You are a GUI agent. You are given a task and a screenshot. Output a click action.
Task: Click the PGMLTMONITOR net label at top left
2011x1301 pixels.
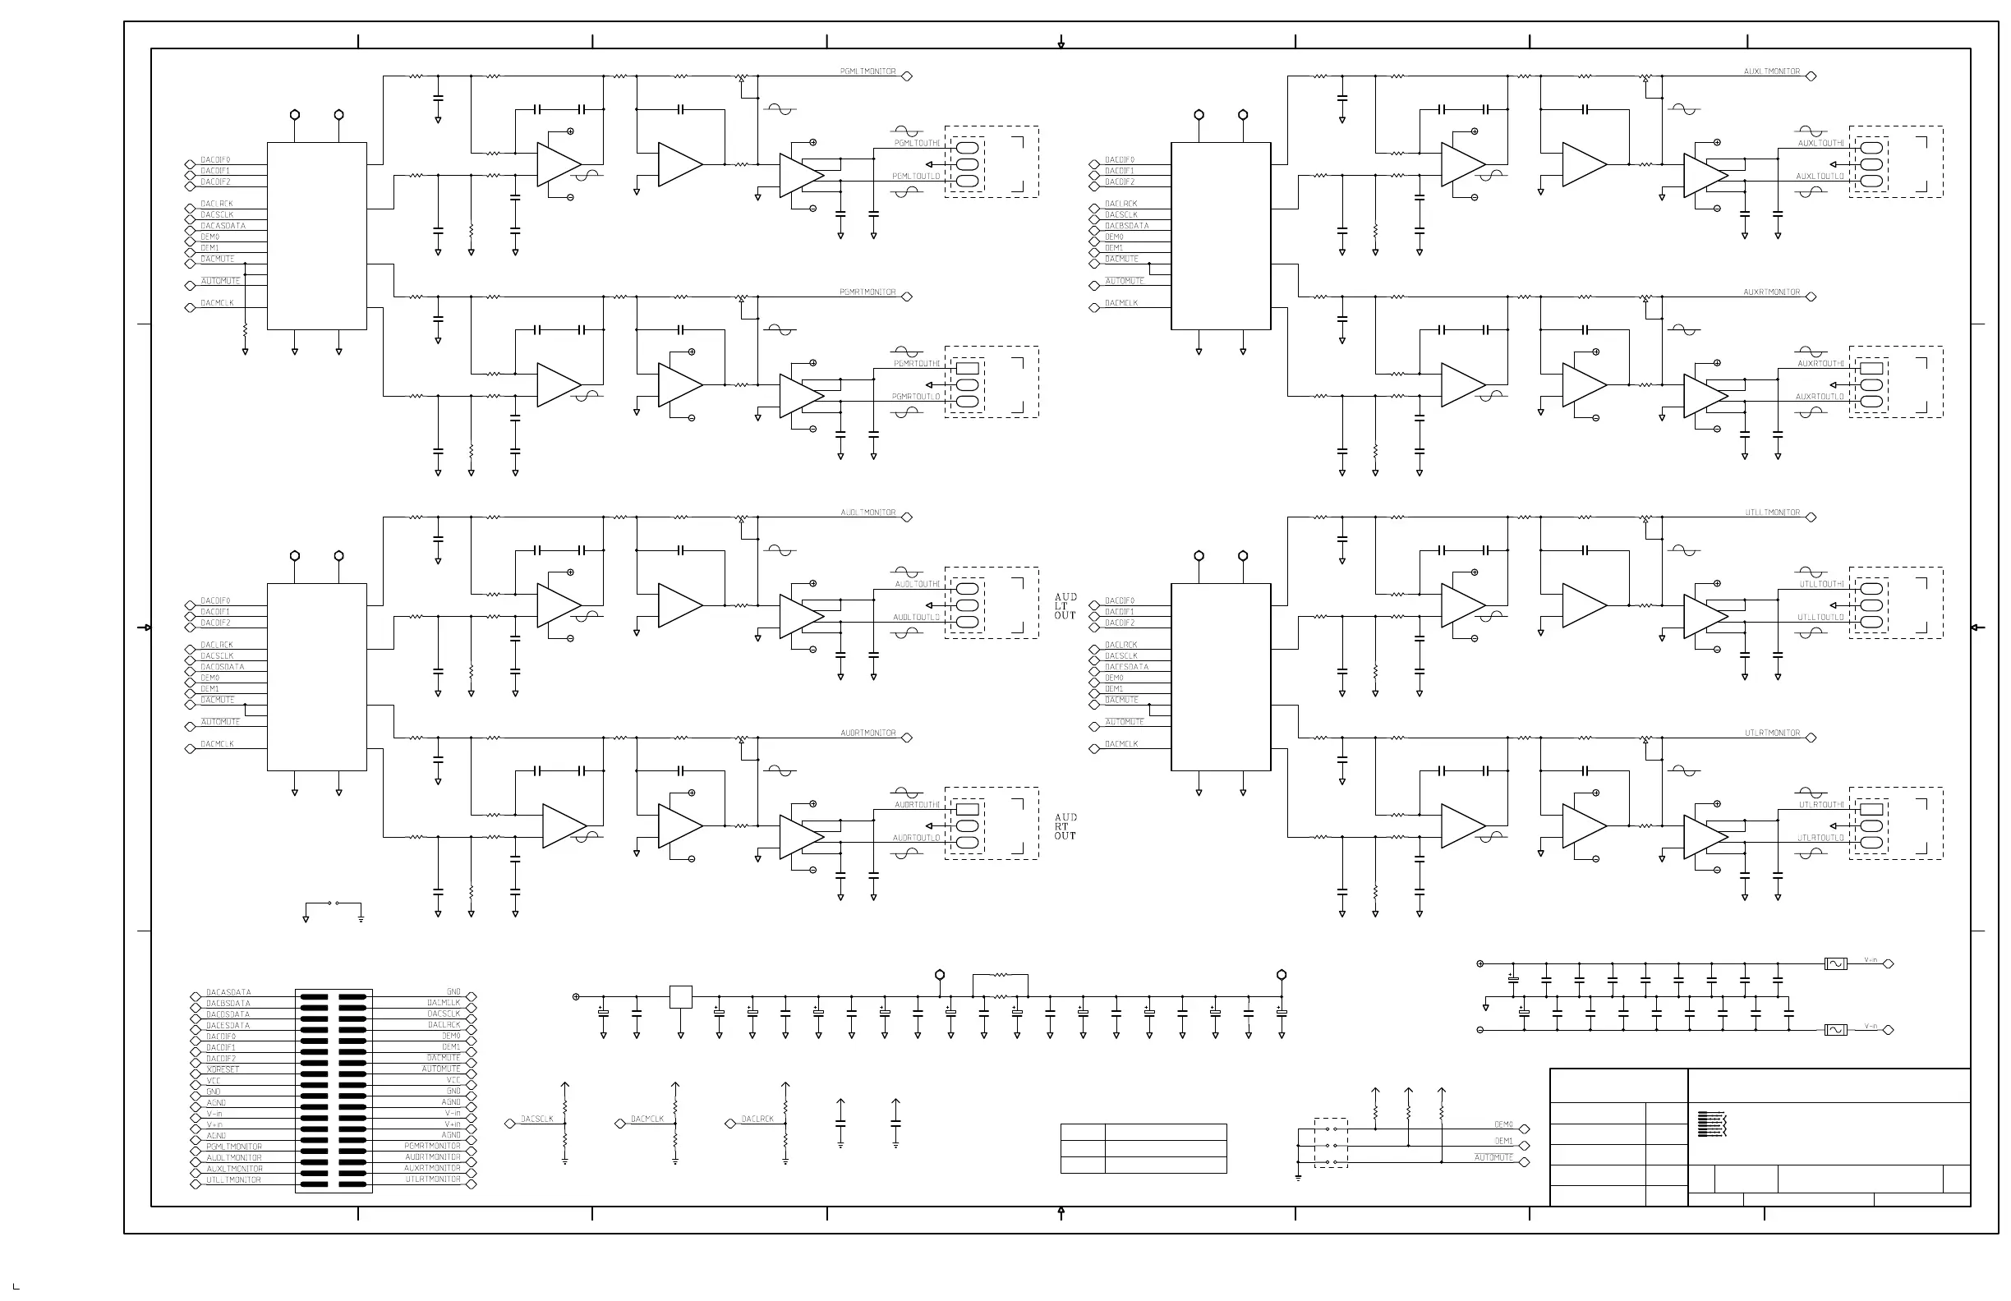coord(867,71)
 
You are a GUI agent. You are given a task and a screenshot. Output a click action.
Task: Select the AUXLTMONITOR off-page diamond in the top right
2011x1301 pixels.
coord(1811,76)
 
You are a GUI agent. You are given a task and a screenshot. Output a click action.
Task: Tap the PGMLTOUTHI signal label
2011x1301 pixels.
coord(916,144)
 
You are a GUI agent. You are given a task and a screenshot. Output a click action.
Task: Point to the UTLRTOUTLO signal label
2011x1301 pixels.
coord(1820,838)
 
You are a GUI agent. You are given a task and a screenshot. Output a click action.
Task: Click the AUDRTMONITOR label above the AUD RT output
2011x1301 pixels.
coord(867,733)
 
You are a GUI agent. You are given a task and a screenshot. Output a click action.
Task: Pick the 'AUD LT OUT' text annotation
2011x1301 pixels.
coord(1065,607)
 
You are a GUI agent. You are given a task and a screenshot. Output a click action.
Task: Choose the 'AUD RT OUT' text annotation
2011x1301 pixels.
coord(1065,827)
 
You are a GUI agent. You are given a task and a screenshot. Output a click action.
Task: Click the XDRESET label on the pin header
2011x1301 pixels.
coord(223,1069)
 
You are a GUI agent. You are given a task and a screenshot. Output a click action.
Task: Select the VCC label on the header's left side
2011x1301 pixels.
coord(214,1081)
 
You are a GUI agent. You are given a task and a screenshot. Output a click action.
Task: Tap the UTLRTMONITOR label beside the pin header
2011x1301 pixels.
coord(433,1179)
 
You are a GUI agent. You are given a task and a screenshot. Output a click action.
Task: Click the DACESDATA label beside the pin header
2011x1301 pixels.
coord(228,1026)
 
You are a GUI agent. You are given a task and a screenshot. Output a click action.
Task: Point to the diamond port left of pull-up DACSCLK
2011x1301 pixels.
coord(509,1124)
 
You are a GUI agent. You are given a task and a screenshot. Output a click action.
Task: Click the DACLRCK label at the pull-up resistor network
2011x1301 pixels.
coord(757,1119)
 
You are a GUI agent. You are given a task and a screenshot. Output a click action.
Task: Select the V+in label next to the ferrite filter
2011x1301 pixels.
coord(1871,960)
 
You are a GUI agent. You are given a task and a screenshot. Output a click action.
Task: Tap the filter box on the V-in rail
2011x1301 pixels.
coord(1835,1030)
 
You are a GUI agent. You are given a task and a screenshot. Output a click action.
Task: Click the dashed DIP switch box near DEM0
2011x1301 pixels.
coord(1330,1144)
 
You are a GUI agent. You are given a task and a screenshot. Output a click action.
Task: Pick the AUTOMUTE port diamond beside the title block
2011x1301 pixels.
coord(1525,1162)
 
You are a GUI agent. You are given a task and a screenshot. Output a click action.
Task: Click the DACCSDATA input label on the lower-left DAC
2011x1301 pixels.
coord(223,668)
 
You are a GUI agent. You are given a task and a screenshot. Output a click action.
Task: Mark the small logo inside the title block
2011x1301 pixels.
coord(1711,1124)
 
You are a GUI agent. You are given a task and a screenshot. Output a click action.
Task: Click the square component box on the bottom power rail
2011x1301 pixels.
coord(680,997)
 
